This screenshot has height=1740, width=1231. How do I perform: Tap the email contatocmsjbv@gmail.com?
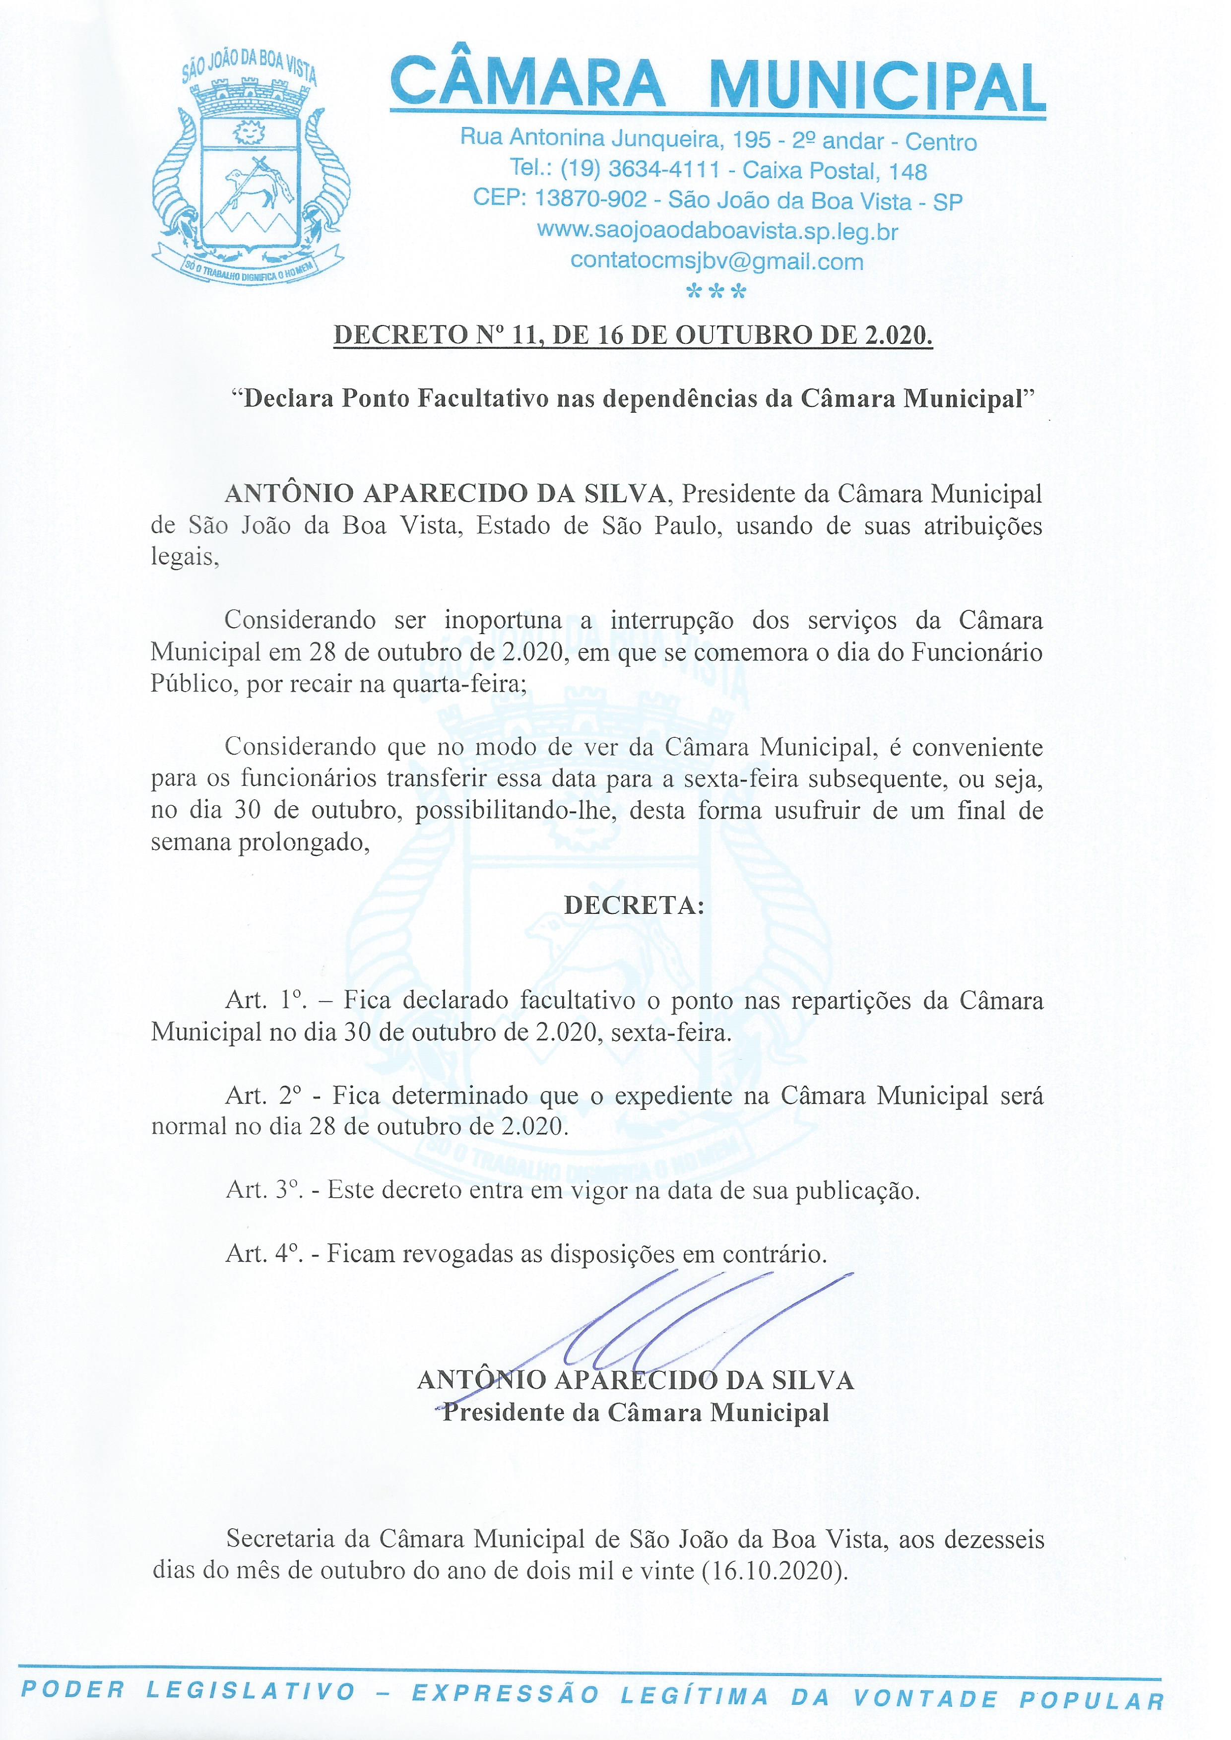pos(716,261)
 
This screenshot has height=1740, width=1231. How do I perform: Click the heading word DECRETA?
pos(634,905)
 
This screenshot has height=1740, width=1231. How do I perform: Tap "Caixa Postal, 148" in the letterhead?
pos(835,171)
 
